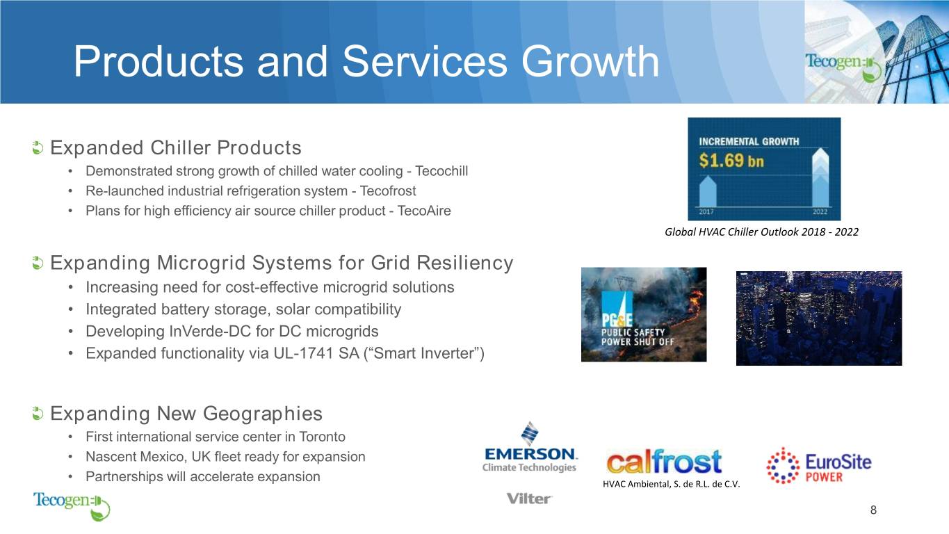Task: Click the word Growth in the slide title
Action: point(590,62)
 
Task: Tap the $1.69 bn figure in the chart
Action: point(731,161)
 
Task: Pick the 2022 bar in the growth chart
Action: point(820,177)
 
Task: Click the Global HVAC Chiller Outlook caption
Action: point(761,232)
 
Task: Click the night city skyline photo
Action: point(819,318)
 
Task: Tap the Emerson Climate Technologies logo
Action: point(530,447)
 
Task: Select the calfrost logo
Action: point(664,461)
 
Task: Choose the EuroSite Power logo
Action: point(818,465)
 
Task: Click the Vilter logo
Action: point(529,499)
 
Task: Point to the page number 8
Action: point(873,510)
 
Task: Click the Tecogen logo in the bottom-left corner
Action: point(72,505)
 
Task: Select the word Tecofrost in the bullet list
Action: point(388,191)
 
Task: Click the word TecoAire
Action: point(424,211)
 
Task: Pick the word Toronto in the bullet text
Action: point(323,437)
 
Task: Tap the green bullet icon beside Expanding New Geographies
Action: point(38,414)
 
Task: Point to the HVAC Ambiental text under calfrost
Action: point(671,484)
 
